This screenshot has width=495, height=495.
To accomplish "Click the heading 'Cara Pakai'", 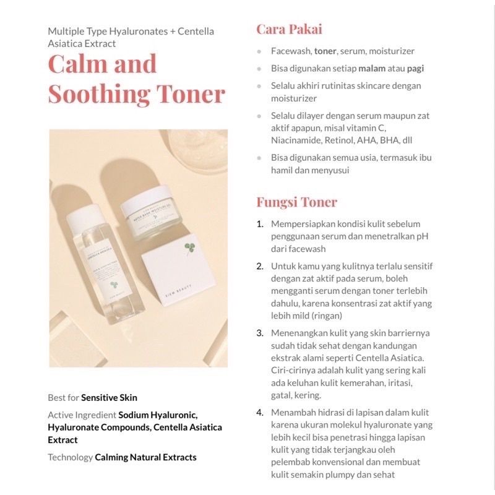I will click(289, 30).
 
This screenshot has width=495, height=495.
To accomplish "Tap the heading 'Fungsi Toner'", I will click(297, 202).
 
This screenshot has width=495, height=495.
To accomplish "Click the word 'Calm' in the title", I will click(77, 64).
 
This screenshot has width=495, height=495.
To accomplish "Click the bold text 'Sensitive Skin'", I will click(109, 398).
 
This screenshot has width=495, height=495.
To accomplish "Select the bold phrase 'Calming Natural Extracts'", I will click(145, 457).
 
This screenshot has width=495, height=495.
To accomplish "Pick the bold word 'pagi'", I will click(415, 68).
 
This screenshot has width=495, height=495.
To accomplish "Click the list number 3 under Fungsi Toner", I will click(260, 333).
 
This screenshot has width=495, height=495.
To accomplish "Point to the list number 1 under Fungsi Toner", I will click(260, 223).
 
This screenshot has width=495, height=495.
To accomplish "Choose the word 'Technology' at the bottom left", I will click(69, 457).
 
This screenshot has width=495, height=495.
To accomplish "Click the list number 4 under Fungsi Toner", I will click(260, 412).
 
